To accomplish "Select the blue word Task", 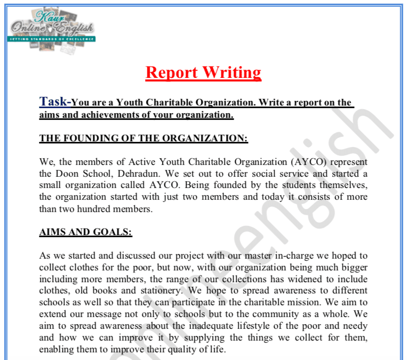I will click(53, 101).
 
